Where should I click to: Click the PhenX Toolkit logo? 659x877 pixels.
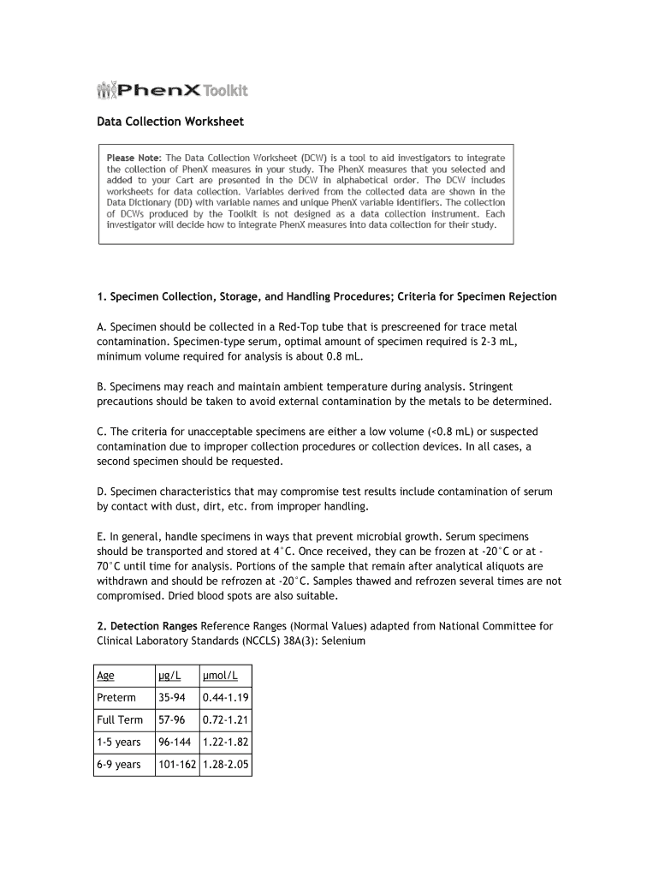click(x=172, y=90)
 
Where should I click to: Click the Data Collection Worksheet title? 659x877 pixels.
click(x=169, y=122)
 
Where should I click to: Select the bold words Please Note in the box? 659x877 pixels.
click(x=134, y=158)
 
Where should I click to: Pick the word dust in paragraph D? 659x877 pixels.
click(x=160, y=507)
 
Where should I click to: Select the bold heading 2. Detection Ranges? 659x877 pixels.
click(x=147, y=626)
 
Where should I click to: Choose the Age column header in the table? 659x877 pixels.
click(x=105, y=675)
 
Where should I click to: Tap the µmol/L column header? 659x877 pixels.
click(x=220, y=675)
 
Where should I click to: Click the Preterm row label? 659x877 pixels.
click(x=116, y=697)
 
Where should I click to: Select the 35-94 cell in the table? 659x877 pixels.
click(x=172, y=697)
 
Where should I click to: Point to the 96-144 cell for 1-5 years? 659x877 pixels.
click(x=175, y=742)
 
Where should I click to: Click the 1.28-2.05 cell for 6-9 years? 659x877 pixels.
click(x=226, y=764)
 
